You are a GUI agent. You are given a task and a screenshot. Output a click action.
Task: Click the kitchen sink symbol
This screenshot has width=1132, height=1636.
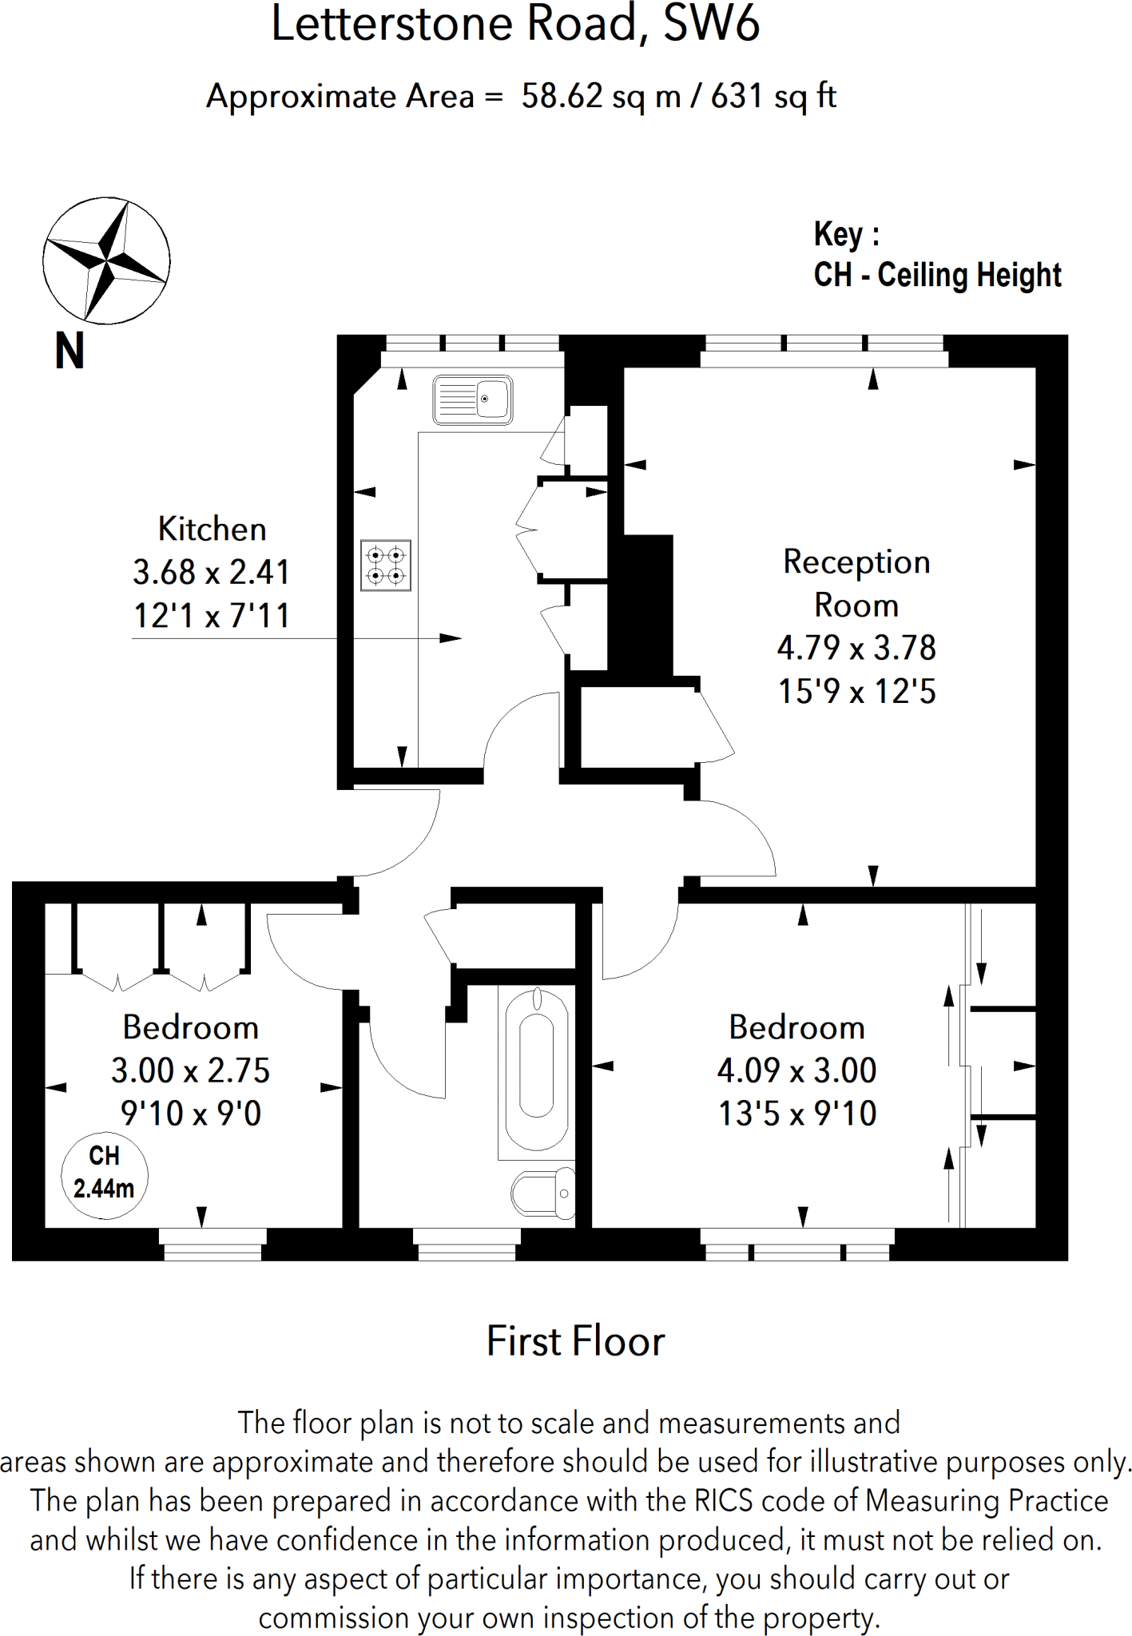click(x=472, y=399)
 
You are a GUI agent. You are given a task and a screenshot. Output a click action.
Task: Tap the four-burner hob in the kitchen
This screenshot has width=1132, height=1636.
click(x=386, y=565)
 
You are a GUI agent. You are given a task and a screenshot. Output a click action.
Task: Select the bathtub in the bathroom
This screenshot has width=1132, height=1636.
click(x=537, y=1072)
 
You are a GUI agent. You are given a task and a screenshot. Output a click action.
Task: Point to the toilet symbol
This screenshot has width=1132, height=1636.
click(x=543, y=1193)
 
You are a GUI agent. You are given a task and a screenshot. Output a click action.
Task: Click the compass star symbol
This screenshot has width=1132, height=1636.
click(x=106, y=260)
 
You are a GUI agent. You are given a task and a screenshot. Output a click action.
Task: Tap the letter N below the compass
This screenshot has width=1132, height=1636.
click(x=70, y=351)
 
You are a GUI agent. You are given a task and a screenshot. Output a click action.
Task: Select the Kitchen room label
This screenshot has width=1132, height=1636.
click(x=212, y=529)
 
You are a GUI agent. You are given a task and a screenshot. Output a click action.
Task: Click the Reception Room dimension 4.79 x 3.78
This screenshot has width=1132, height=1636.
click(x=856, y=648)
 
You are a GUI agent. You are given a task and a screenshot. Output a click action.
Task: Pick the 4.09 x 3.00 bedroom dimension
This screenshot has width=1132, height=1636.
click(x=797, y=1070)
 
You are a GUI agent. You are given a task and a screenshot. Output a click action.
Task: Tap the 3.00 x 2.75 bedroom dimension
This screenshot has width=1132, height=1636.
click(x=191, y=1070)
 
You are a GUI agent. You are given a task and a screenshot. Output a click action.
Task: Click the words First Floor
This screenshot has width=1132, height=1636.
click(x=575, y=1341)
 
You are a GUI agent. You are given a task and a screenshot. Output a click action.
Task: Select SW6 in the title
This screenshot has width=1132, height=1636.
click(x=711, y=23)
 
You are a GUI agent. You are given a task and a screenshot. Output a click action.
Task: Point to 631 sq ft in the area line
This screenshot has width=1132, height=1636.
click(x=773, y=97)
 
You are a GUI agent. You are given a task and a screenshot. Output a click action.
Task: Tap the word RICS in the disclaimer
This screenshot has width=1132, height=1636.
click(x=723, y=1501)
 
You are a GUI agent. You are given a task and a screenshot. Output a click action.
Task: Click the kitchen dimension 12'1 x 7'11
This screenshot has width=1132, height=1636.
click(x=212, y=616)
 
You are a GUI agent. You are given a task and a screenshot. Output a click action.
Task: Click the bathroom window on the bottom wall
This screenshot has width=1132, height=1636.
click(x=467, y=1245)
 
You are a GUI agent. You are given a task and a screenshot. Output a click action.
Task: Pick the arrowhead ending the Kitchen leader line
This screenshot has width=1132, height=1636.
click(x=451, y=638)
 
